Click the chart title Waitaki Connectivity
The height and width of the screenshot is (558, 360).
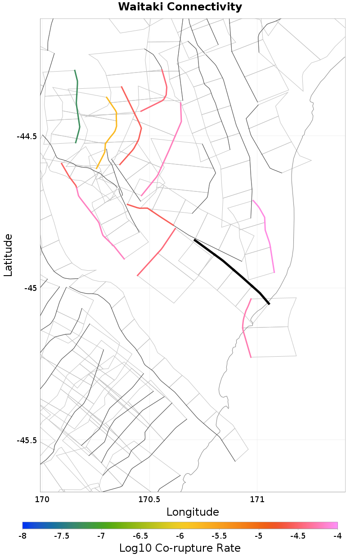coord(180,7)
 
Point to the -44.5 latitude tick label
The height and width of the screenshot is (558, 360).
coord(27,136)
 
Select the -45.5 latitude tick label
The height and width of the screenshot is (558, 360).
coord(27,440)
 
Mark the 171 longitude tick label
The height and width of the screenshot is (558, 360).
coord(257,499)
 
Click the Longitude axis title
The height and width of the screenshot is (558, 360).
coord(193,512)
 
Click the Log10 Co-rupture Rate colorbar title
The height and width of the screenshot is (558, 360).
coord(180,548)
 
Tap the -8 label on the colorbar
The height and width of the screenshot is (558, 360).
coord(22,535)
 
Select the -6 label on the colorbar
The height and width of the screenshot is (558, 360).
coord(180,535)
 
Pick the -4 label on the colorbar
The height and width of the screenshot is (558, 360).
coord(337,535)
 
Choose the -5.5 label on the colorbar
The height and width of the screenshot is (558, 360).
coord(219,535)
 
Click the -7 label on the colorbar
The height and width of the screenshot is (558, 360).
coord(101,535)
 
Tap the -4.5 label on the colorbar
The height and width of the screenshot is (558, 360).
coord(298,535)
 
